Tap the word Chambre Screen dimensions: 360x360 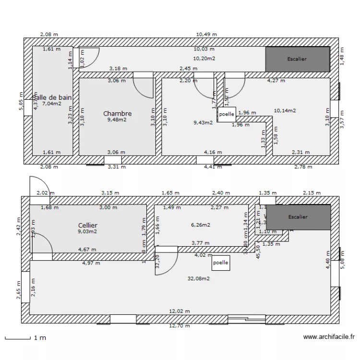point(118,114)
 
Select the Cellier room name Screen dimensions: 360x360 point(88,225)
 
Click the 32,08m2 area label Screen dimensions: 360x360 point(198,278)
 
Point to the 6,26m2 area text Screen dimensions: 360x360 point(201,225)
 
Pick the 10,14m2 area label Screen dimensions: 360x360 point(285,110)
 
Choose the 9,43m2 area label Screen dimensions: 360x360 point(203,122)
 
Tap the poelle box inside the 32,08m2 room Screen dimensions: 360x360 point(221,263)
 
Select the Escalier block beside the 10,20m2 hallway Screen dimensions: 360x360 point(297,59)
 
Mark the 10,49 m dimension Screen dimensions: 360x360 point(206,35)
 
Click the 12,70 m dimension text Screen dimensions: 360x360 point(179,326)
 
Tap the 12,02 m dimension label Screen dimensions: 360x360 point(180,311)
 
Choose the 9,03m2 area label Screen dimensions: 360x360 point(87,231)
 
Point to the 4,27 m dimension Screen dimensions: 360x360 point(276,81)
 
